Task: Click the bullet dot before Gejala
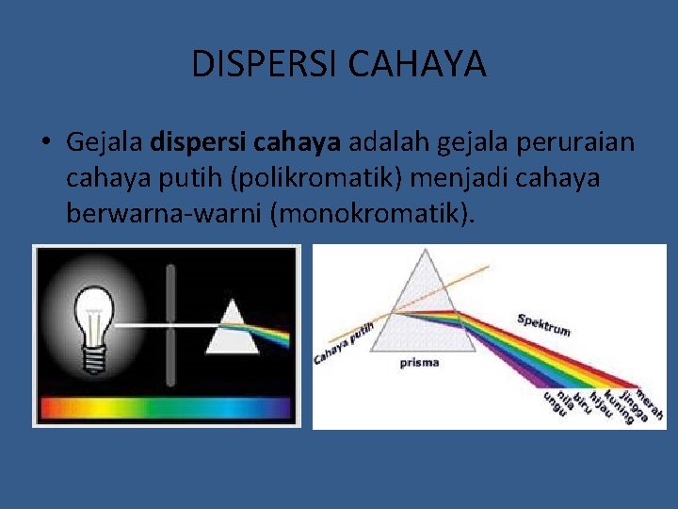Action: point(44,143)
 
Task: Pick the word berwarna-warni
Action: point(164,213)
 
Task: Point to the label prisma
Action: point(419,364)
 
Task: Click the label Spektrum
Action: point(543,324)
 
